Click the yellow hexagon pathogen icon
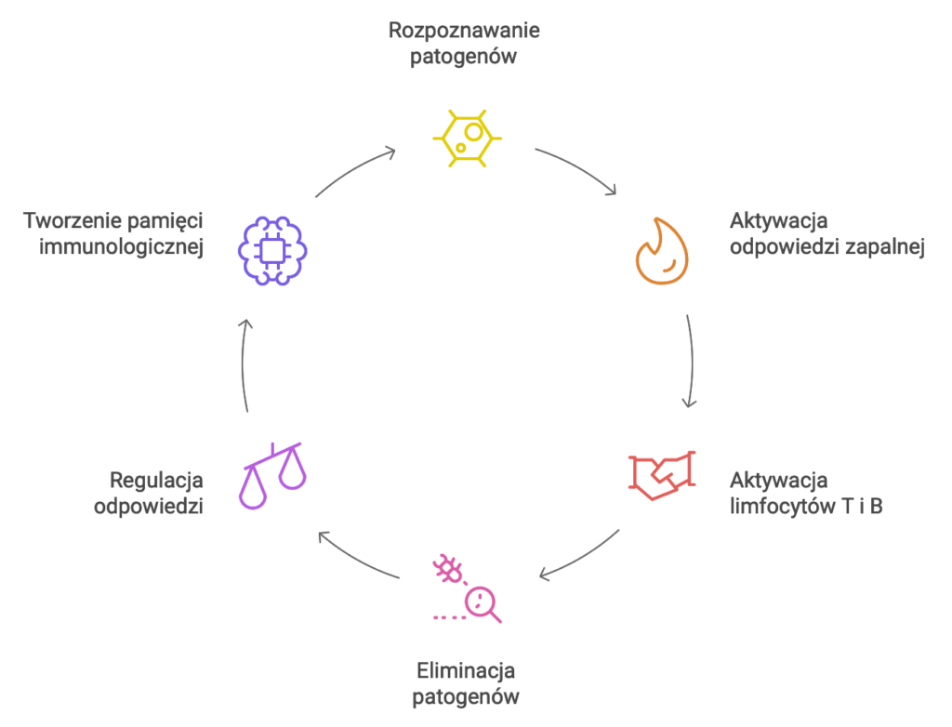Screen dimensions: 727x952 pos(467,138)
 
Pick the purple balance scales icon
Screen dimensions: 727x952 pos(274,473)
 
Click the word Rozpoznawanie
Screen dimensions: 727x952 pos(464,30)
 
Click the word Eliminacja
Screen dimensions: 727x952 pos(465,670)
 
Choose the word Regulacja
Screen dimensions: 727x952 pos(156,481)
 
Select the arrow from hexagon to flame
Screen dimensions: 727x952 pos(576,167)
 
